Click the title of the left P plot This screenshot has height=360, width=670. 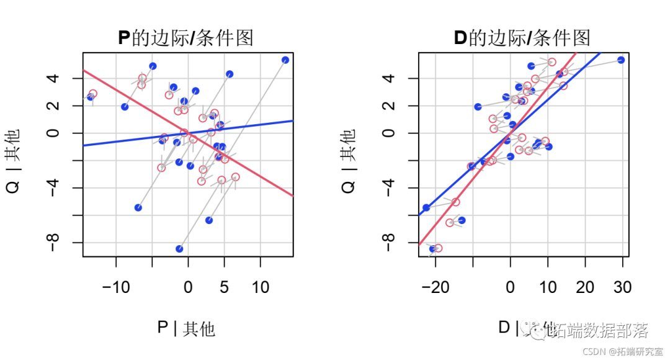click(x=185, y=38)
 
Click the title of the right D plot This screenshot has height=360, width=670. click(x=522, y=38)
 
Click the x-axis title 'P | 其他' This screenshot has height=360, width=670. click(x=185, y=328)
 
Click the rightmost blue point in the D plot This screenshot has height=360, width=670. click(x=621, y=60)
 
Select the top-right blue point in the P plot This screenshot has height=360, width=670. click(x=285, y=60)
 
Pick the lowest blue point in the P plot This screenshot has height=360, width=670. click(x=179, y=249)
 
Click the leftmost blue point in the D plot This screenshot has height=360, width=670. click(x=426, y=207)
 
